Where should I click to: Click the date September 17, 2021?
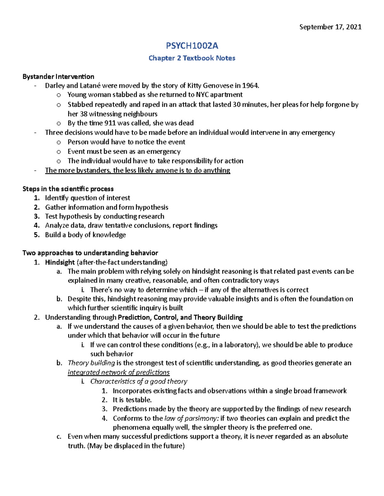[x=330, y=27]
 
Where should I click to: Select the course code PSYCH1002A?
[x=192, y=46]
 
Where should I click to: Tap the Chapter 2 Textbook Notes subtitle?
[x=192, y=58]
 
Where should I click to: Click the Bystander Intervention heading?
[x=58, y=77]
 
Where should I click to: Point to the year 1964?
[x=250, y=86]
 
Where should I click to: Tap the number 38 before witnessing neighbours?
[x=84, y=114]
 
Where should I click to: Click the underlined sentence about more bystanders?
[x=138, y=170]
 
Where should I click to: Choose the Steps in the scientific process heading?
[x=68, y=189]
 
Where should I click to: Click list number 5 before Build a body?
[x=37, y=235]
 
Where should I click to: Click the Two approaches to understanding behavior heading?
[x=90, y=253]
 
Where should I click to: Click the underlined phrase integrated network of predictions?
[x=119, y=372]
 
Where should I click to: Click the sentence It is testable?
[x=132, y=400]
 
